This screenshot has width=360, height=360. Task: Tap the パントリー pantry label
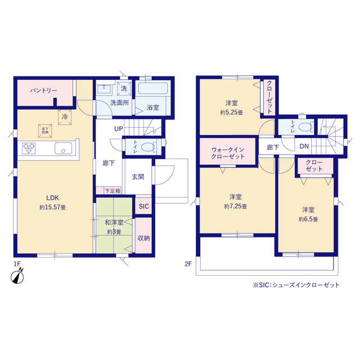pyautogui.click(x=44, y=91)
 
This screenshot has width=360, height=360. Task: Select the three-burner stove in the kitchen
pyautogui.click(x=29, y=148)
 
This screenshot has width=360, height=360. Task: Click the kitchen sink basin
pyautogui.click(x=63, y=148)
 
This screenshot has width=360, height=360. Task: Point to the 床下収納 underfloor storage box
pyautogui.click(x=45, y=131)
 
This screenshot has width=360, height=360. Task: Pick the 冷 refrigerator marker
pyautogui.click(x=65, y=117)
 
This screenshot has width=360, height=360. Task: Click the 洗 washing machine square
pyautogui.click(x=124, y=89)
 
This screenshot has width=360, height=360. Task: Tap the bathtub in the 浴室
pyautogui.click(x=153, y=88)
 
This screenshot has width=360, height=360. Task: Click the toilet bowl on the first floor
pyautogui.click(x=148, y=147)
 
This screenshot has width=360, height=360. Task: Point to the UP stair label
pyautogui.click(x=119, y=129)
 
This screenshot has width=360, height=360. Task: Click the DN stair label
pyautogui.click(x=304, y=146)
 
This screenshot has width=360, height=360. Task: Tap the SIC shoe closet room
pyautogui.click(x=144, y=206)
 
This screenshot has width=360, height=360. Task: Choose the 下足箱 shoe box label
pyautogui.click(x=112, y=191)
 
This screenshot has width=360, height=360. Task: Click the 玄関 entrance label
pyautogui.click(x=138, y=177)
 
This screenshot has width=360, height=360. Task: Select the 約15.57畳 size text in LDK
pyautogui.click(x=52, y=208)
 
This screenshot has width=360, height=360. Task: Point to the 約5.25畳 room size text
pyautogui.click(x=231, y=112)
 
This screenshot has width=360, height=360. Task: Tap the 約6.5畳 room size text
pyautogui.click(x=308, y=219)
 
